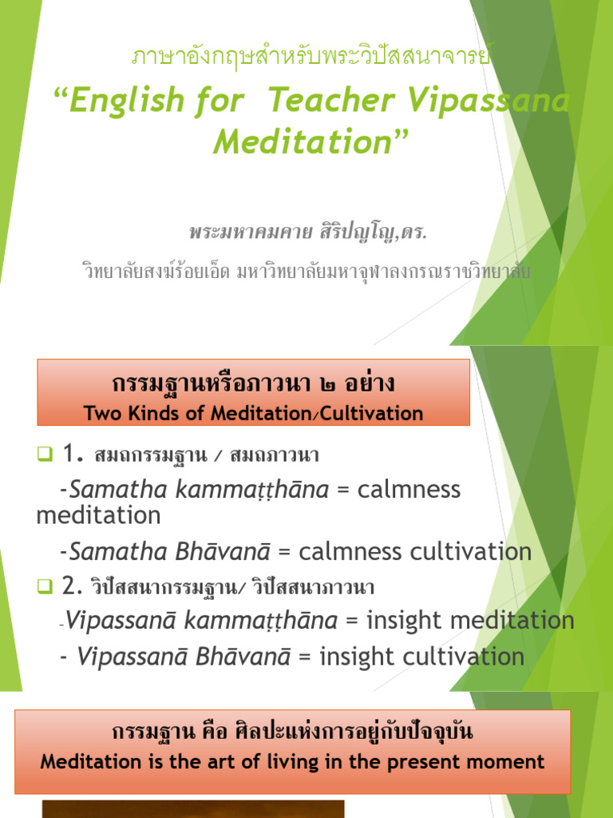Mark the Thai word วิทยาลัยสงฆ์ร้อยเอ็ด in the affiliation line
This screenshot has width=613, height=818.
[156, 272]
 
